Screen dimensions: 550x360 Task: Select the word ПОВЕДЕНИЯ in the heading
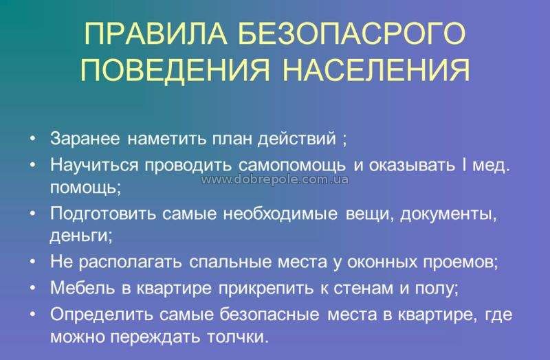[175, 69]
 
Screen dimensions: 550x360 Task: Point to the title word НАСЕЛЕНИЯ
[376, 69]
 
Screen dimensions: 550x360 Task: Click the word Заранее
[85, 138]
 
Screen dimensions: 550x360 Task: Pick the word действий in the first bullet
[297, 139]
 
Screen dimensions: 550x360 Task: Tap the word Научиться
[94, 165]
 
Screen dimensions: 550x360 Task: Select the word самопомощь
[292, 166]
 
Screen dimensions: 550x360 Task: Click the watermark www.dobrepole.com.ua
[275, 179]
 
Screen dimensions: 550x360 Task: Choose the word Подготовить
[102, 214]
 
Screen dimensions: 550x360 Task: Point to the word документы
[449, 214]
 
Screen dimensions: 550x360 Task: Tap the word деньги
[81, 235]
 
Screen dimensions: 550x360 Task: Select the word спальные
[230, 262]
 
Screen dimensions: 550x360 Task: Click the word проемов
[461, 262]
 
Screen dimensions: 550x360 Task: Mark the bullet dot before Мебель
[33, 287]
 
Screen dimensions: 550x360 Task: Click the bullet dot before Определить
[33, 314]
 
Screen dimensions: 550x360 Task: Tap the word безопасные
[269, 314]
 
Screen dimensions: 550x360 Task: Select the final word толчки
[238, 337]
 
